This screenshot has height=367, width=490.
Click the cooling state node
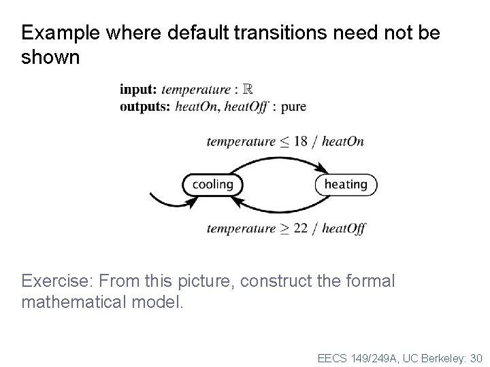click(212, 184)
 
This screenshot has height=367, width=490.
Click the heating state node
click(346, 184)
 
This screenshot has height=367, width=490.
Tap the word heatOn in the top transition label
click(342, 141)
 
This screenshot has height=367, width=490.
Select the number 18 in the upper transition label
click(301, 141)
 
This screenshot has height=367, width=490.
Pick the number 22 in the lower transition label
click(301, 228)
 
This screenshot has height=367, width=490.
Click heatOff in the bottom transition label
click(344, 228)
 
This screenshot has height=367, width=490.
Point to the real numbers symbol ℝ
click(248, 89)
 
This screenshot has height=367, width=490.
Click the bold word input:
click(139, 89)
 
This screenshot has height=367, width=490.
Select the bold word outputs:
click(145, 106)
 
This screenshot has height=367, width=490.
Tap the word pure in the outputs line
click(293, 107)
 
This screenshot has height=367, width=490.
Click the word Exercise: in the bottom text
click(59, 281)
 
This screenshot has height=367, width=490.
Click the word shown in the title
click(50, 57)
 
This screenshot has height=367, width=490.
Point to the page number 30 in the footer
click(475, 357)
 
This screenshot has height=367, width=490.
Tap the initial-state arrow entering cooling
click(163, 200)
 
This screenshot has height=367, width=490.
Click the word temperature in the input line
click(196, 89)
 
